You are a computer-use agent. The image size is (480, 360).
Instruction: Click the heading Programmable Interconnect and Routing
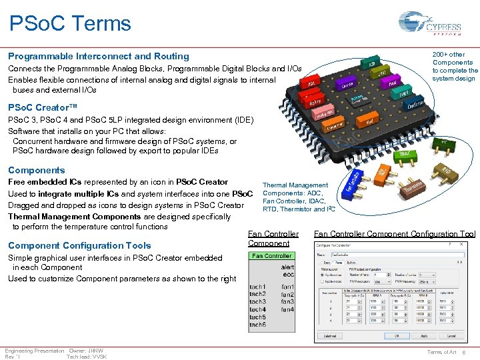coord(99,57)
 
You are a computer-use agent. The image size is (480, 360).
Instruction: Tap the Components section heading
coord(37,170)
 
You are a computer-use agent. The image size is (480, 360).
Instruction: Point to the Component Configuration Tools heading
coord(79,245)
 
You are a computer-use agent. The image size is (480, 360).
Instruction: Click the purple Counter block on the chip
coord(347,85)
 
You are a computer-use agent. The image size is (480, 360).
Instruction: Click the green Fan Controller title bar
coord(271,256)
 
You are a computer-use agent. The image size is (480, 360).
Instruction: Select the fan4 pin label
coord(287,309)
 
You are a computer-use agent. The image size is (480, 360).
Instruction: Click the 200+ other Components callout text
coord(455,67)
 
